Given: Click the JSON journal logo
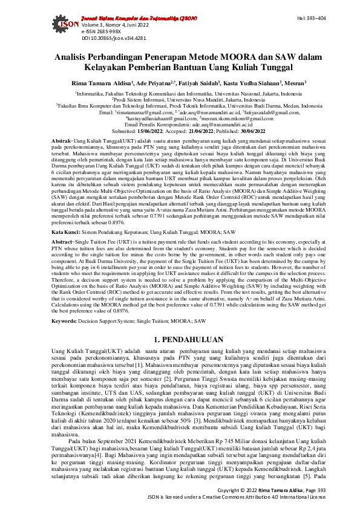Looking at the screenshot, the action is point(68,27).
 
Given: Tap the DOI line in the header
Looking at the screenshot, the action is point(106,37).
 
